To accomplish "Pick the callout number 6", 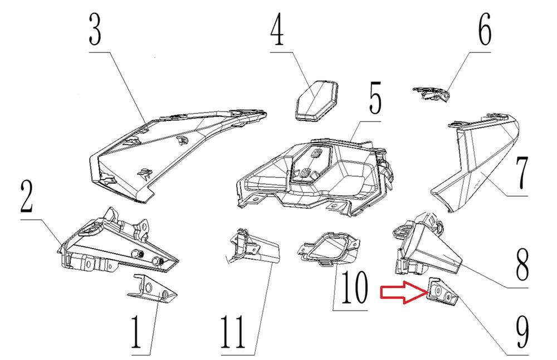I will tap(483, 31).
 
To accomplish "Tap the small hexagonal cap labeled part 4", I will tap(316, 99).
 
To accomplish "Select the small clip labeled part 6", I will tap(431, 94).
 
